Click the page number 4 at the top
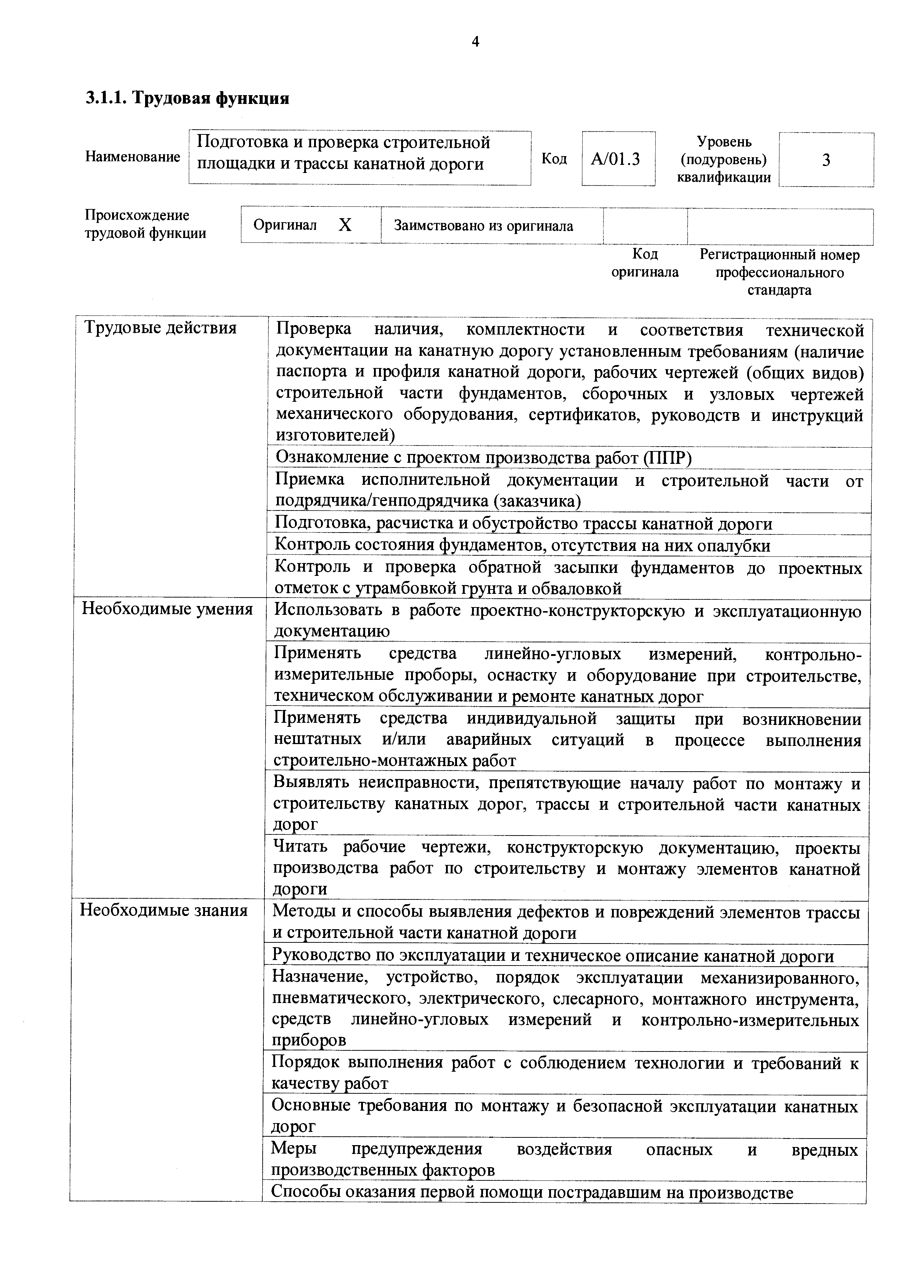475,42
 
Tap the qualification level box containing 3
826,160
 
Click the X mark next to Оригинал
345,226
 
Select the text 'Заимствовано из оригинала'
483,226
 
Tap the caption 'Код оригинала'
645,263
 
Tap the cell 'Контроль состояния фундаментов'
522,545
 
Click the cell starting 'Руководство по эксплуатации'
552,955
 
